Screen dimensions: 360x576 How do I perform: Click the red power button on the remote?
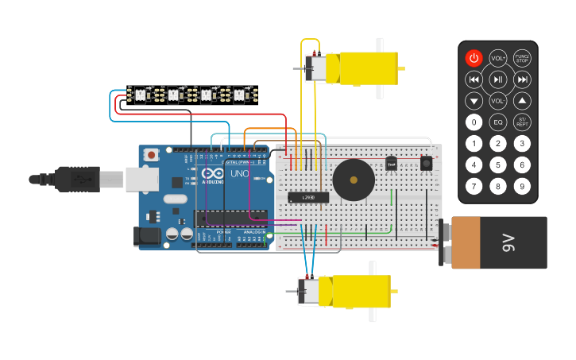point(474,58)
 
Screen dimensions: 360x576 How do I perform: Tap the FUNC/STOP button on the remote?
point(522,58)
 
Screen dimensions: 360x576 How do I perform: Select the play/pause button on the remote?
point(498,79)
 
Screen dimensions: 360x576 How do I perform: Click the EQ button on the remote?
point(498,122)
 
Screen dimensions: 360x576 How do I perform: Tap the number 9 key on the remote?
point(522,187)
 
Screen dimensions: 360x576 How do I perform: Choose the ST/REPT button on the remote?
point(522,122)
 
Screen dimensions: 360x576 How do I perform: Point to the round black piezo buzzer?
point(354,180)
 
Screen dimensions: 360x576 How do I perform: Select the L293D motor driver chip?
point(308,197)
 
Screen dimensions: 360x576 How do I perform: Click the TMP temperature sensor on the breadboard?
point(391,165)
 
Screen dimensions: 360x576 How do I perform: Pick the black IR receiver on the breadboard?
point(427,162)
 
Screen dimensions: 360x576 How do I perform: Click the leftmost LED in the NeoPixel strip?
point(140,95)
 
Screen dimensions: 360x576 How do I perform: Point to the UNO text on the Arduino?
point(239,173)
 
